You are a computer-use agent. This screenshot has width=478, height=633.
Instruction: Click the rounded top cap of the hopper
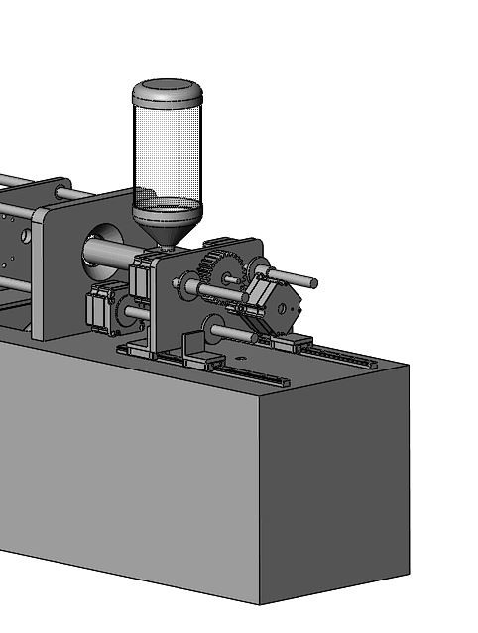pos(168,91)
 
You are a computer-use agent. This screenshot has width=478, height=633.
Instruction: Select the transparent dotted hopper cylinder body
pos(167,149)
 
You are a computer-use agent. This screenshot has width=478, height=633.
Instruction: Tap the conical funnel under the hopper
pos(167,228)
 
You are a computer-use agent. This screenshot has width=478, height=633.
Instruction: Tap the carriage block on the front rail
pos(202,359)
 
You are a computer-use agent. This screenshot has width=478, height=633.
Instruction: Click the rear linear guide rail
pos(342,354)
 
